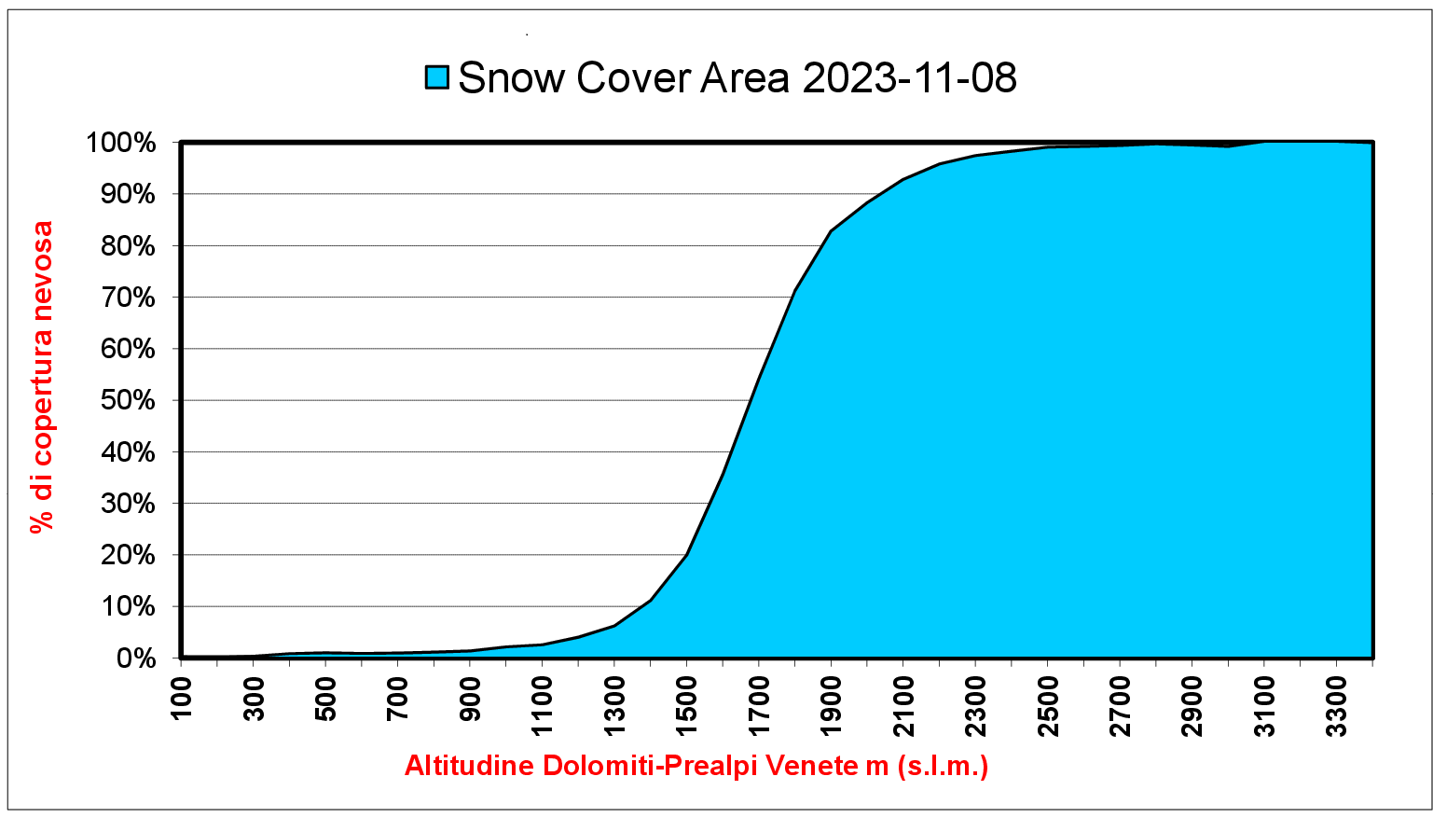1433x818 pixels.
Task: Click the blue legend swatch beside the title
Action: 437,77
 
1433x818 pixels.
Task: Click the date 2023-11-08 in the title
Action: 909,77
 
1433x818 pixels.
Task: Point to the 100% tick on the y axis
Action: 121,144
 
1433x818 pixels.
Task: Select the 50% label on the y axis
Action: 128,401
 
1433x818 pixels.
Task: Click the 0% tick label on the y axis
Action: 136,659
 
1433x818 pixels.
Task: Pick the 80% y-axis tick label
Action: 128,246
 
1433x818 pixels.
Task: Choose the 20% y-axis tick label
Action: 128,556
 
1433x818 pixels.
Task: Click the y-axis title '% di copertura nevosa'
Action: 42,376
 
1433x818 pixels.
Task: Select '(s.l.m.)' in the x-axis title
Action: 943,766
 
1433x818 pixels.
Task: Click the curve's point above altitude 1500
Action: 687,555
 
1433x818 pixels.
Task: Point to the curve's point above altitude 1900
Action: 831,230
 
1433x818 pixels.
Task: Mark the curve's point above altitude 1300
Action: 614,625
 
